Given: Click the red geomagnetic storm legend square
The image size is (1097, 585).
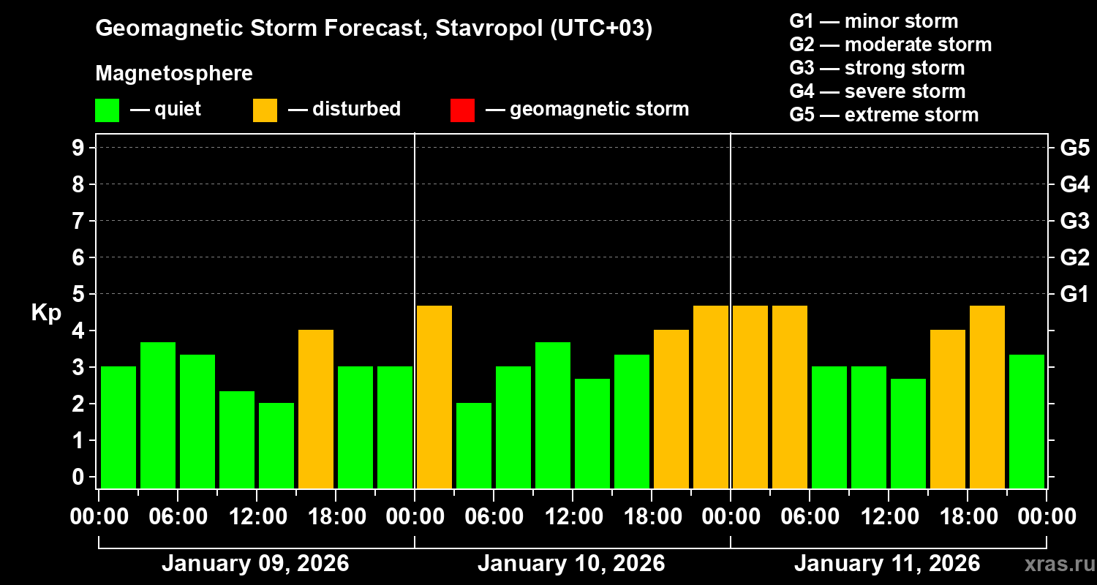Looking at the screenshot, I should click(x=462, y=110).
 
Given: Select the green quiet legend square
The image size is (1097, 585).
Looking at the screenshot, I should click(x=107, y=110).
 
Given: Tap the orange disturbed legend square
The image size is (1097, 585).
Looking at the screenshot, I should click(x=265, y=110).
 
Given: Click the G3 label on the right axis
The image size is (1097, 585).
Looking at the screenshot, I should click(x=1074, y=221).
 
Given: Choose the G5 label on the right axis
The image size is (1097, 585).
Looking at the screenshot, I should click(x=1074, y=148).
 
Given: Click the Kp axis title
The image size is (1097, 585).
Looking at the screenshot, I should click(x=46, y=313).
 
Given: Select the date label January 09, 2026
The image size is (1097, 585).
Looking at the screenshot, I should click(x=255, y=564).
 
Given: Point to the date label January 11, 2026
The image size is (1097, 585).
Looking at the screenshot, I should click(x=887, y=564).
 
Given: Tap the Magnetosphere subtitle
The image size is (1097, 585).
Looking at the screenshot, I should click(x=174, y=74).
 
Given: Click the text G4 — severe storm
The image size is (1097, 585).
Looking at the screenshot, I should click(x=878, y=91).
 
